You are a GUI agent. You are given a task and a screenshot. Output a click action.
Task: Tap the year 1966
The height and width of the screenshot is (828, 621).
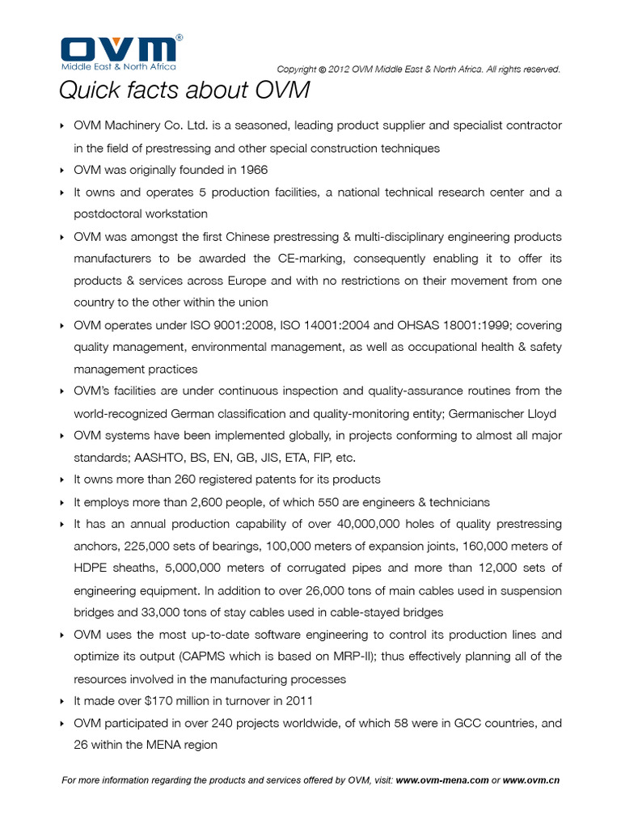252,170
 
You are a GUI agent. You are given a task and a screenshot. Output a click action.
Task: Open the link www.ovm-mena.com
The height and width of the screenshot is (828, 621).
442,781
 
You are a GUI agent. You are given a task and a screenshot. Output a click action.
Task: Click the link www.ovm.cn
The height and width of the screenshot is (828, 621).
531,781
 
